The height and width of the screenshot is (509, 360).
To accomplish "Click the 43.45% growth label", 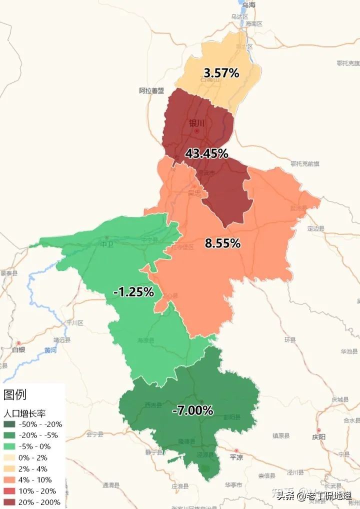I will coord(206,154).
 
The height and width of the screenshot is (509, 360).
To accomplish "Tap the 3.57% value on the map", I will coord(221,73).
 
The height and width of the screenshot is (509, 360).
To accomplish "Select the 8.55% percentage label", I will coord(222,243).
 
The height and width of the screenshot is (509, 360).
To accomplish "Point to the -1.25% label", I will coord(133,292).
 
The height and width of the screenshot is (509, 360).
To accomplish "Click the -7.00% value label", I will coord(192,411).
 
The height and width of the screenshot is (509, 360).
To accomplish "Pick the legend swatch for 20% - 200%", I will coord(9,502).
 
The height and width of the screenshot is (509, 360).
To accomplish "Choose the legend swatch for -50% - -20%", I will coord(9,424).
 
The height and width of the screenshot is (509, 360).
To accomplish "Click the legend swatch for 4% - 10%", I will coord(9,479).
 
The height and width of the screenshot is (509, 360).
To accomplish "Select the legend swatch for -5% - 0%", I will coord(9,446).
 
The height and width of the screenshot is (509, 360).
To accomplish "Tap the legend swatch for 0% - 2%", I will coord(9,457).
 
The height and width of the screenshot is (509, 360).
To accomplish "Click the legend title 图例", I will coord(14,395).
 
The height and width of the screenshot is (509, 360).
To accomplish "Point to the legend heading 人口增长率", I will coord(24,413).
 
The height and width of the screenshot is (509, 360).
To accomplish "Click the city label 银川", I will coord(197,123).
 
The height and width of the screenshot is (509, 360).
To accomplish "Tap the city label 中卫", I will coord(106,244).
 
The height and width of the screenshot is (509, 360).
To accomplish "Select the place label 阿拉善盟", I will coord(151,90).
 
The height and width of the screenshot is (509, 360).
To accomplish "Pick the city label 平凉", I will coord(235,457).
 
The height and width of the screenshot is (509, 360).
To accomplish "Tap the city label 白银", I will coord(18,349).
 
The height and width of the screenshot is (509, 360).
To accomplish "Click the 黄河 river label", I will coord(50,350).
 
